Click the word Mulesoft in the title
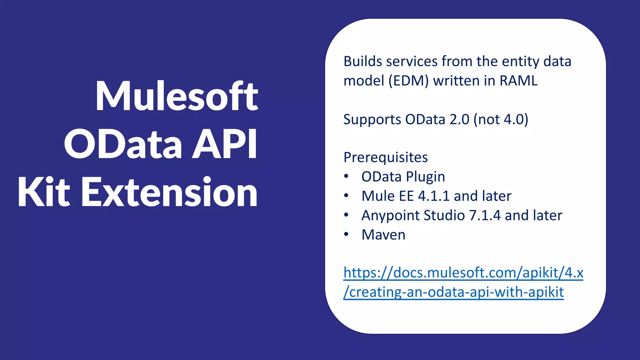click(177, 96)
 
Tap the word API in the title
click(224, 144)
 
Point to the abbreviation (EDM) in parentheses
click(408, 81)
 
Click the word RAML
click(518, 81)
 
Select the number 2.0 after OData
click(459, 119)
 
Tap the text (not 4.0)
click(501, 119)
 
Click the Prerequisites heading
click(386, 157)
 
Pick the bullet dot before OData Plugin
click(346, 176)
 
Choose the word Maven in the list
click(383, 235)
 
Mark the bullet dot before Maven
click(346, 234)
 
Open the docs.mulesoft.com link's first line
click(463, 273)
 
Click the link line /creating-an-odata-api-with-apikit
click(453, 292)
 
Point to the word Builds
click(363, 61)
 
